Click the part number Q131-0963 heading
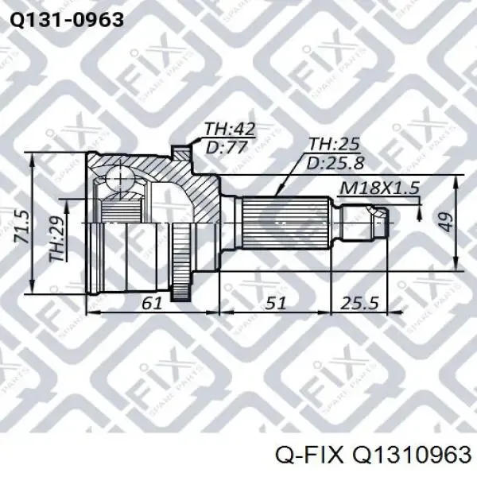[67, 20]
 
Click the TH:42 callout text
[230, 129]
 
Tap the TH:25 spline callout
[335, 144]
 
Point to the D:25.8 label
[335, 163]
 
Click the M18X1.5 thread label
[380, 188]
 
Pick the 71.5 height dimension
[22, 227]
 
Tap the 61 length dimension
[152, 303]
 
